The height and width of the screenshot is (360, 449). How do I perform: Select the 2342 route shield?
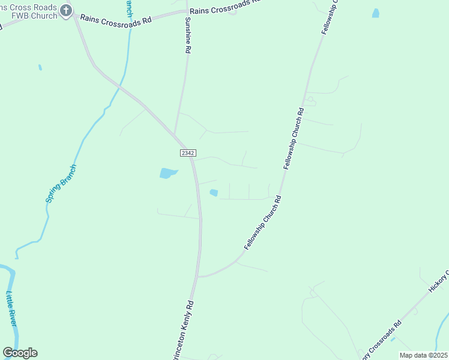[187, 154]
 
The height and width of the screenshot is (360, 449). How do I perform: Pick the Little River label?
[12, 309]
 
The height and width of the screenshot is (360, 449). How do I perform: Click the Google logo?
[20, 353]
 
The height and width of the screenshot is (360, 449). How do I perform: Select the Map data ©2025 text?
[423, 355]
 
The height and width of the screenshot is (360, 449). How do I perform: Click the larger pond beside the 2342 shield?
[168, 173]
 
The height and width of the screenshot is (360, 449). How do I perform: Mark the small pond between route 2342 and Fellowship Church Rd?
[214, 193]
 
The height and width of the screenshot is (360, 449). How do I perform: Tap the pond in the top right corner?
[376, 13]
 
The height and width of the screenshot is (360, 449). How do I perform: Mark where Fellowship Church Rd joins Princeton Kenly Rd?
[199, 277]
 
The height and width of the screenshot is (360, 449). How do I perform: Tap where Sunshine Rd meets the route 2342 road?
[174, 133]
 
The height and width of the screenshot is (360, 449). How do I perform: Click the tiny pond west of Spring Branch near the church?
[40, 68]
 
